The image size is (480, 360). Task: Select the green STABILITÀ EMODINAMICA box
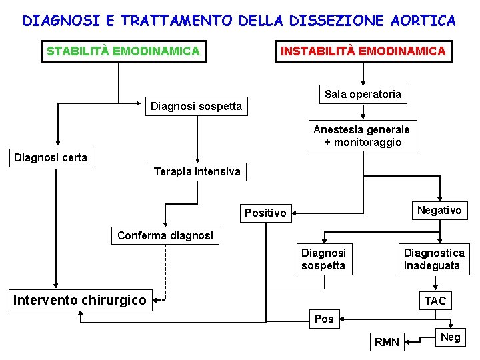(x=123, y=51)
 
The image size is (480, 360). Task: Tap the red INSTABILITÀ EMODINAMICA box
(x=363, y=51)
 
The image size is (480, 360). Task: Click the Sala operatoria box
(x=363, y=95)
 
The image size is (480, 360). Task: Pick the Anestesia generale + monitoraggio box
(x=362, y=135)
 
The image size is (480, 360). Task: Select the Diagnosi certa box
(x=51, y=158)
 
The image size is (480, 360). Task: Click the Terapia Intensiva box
(x=197, y=172)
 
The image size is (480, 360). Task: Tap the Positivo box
(x=265, y=213)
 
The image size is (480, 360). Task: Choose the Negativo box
(x=439, y=211)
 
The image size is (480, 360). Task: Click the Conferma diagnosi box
(x=165, y=235)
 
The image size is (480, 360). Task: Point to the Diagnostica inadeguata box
(x=434, y=259)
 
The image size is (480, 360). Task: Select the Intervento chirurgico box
(x=80, y=300)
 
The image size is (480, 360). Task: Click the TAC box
(x=435, y=301)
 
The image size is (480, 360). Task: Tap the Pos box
(x=324, y=319)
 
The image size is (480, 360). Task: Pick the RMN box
(x=387, y=343)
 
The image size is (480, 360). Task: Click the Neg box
(x=451, y=337)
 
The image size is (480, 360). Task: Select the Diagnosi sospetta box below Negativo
(x=323, y=259)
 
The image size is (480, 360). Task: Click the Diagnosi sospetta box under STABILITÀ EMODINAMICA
(x=196, y=106)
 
